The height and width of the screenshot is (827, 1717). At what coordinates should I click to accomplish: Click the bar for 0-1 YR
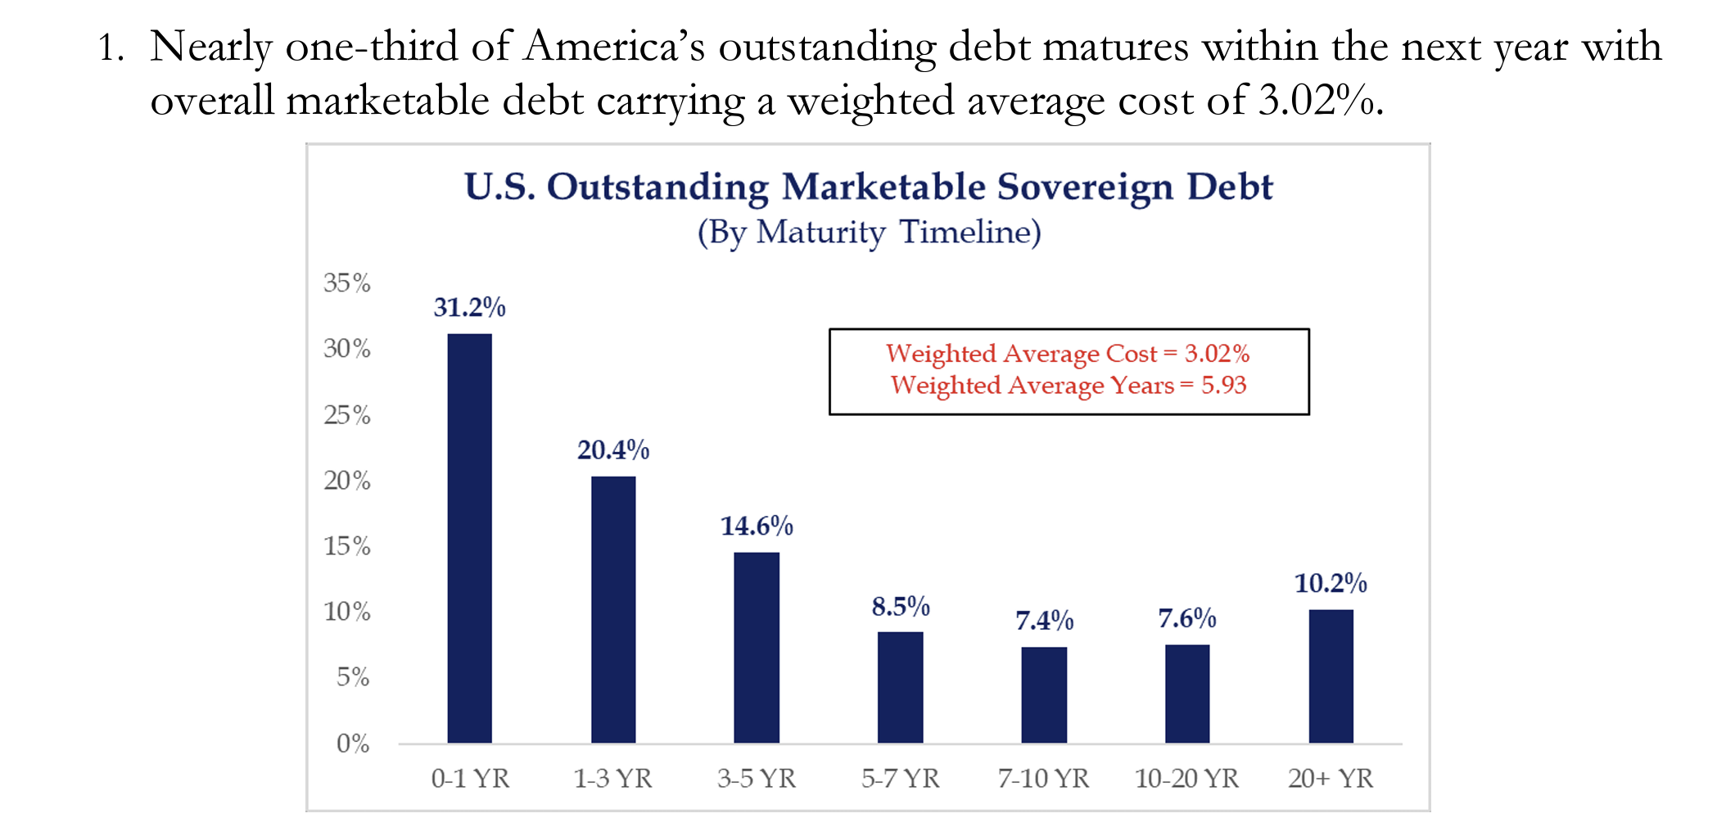[x=469, y=538]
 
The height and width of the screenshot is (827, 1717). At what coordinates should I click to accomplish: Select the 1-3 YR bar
[x=613, y=609]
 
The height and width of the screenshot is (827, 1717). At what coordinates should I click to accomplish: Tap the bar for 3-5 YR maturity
[x=757, y=647]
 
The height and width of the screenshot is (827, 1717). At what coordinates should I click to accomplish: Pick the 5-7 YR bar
[x=900, y=687]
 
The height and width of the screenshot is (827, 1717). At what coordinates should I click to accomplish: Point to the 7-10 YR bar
[x=1044, y=694]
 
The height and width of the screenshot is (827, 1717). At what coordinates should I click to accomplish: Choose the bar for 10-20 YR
[x=1187, y=694]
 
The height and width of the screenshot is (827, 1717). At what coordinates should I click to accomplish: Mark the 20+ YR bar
[x=1331, y=676]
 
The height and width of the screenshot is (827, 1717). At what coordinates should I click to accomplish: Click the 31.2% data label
[x=469, y=307]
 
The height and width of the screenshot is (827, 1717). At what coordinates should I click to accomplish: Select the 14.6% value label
[x=757, y=526]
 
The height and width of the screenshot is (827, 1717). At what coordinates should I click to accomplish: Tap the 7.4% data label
[x=1044, y=621]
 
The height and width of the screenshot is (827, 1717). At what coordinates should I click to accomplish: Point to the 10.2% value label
[x=1331, y=583]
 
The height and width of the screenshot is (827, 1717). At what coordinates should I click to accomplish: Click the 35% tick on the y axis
[x=346, y=283]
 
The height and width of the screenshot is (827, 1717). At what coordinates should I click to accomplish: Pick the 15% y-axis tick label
[x=346, y=546]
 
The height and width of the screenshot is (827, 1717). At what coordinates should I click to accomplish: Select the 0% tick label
[x=353, y=743]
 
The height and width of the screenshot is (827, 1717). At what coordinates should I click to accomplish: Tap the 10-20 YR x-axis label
[x=1186, y=778]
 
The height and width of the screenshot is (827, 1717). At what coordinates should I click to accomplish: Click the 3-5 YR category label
[x=757, y=778]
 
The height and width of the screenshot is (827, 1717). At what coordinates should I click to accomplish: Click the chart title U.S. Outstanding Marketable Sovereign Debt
[x=869, y=187]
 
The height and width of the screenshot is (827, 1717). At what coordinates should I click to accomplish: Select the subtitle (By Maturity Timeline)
[x=869, y=233]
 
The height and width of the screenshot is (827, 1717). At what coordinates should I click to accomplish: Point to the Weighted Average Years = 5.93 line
[x=1068, y=385]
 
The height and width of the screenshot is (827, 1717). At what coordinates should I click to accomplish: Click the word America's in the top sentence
[x=614, y=47]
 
